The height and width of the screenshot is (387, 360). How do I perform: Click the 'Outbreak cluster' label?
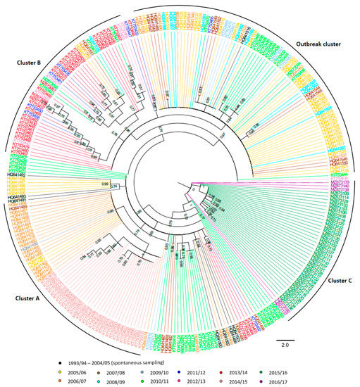click(x=312, y=44)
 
